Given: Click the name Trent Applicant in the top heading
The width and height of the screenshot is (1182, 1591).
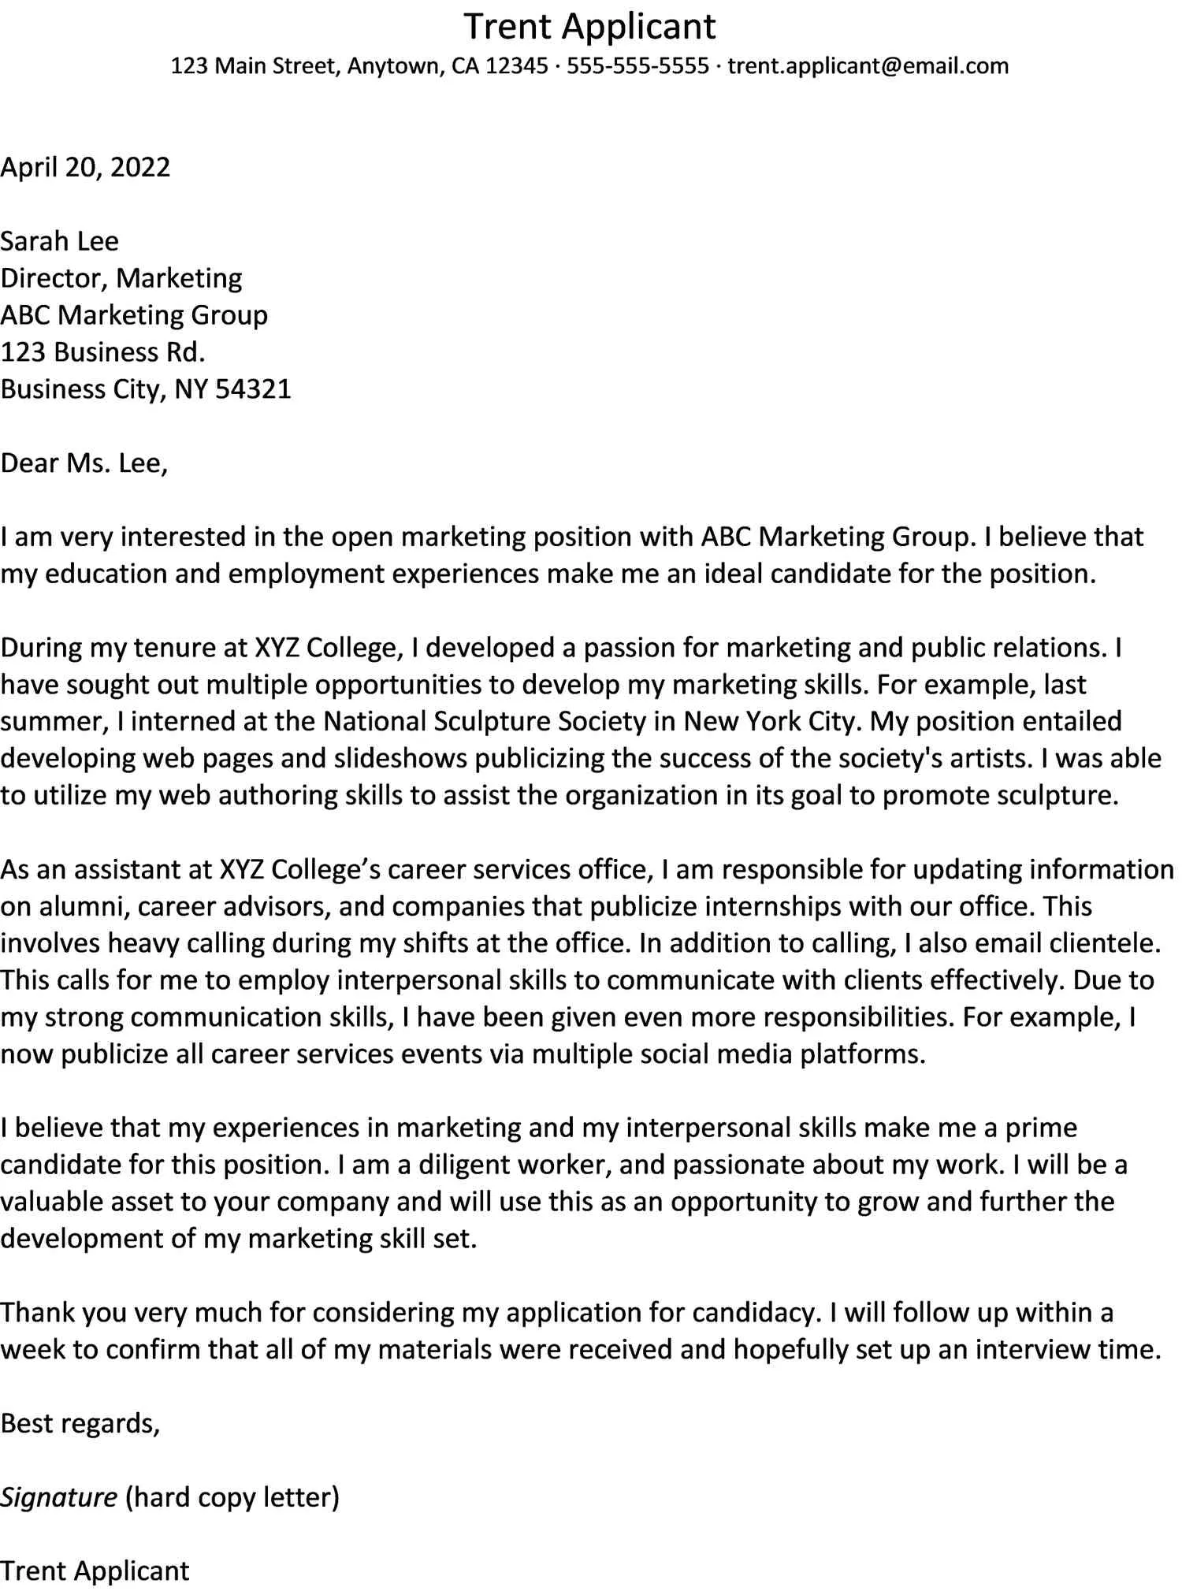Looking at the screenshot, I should pyautogui.click(x=589, y=26).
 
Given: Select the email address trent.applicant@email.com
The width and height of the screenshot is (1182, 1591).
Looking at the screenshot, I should pyautogui.click(x=868, y=65).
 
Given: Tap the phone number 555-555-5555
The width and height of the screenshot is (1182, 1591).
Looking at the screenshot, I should pyautogui.click(x=637, y=65).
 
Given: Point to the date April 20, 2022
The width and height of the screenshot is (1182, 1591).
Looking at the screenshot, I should pyautogui.click(x=85, y=167).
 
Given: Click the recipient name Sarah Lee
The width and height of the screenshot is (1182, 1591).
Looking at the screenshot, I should pyautogui.click(x=59, y=241).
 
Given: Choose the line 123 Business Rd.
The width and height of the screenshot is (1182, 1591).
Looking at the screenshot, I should pyautogui.click(x=102, y=352).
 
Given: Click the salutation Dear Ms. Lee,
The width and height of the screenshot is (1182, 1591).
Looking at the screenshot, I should pyautogui.click(x=84, y=463).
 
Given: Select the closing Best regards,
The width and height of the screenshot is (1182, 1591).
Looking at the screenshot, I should pyautogui.click(x=80, y=1423).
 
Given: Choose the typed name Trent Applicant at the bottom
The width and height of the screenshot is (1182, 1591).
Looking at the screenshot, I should pyautogui.click(x=95, y=1571).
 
